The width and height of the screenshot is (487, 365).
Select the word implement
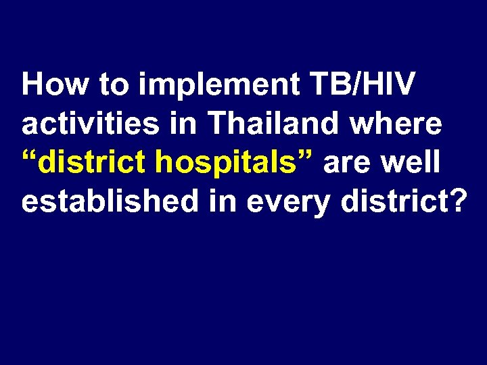pyautogui.click(x=221, y=87)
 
